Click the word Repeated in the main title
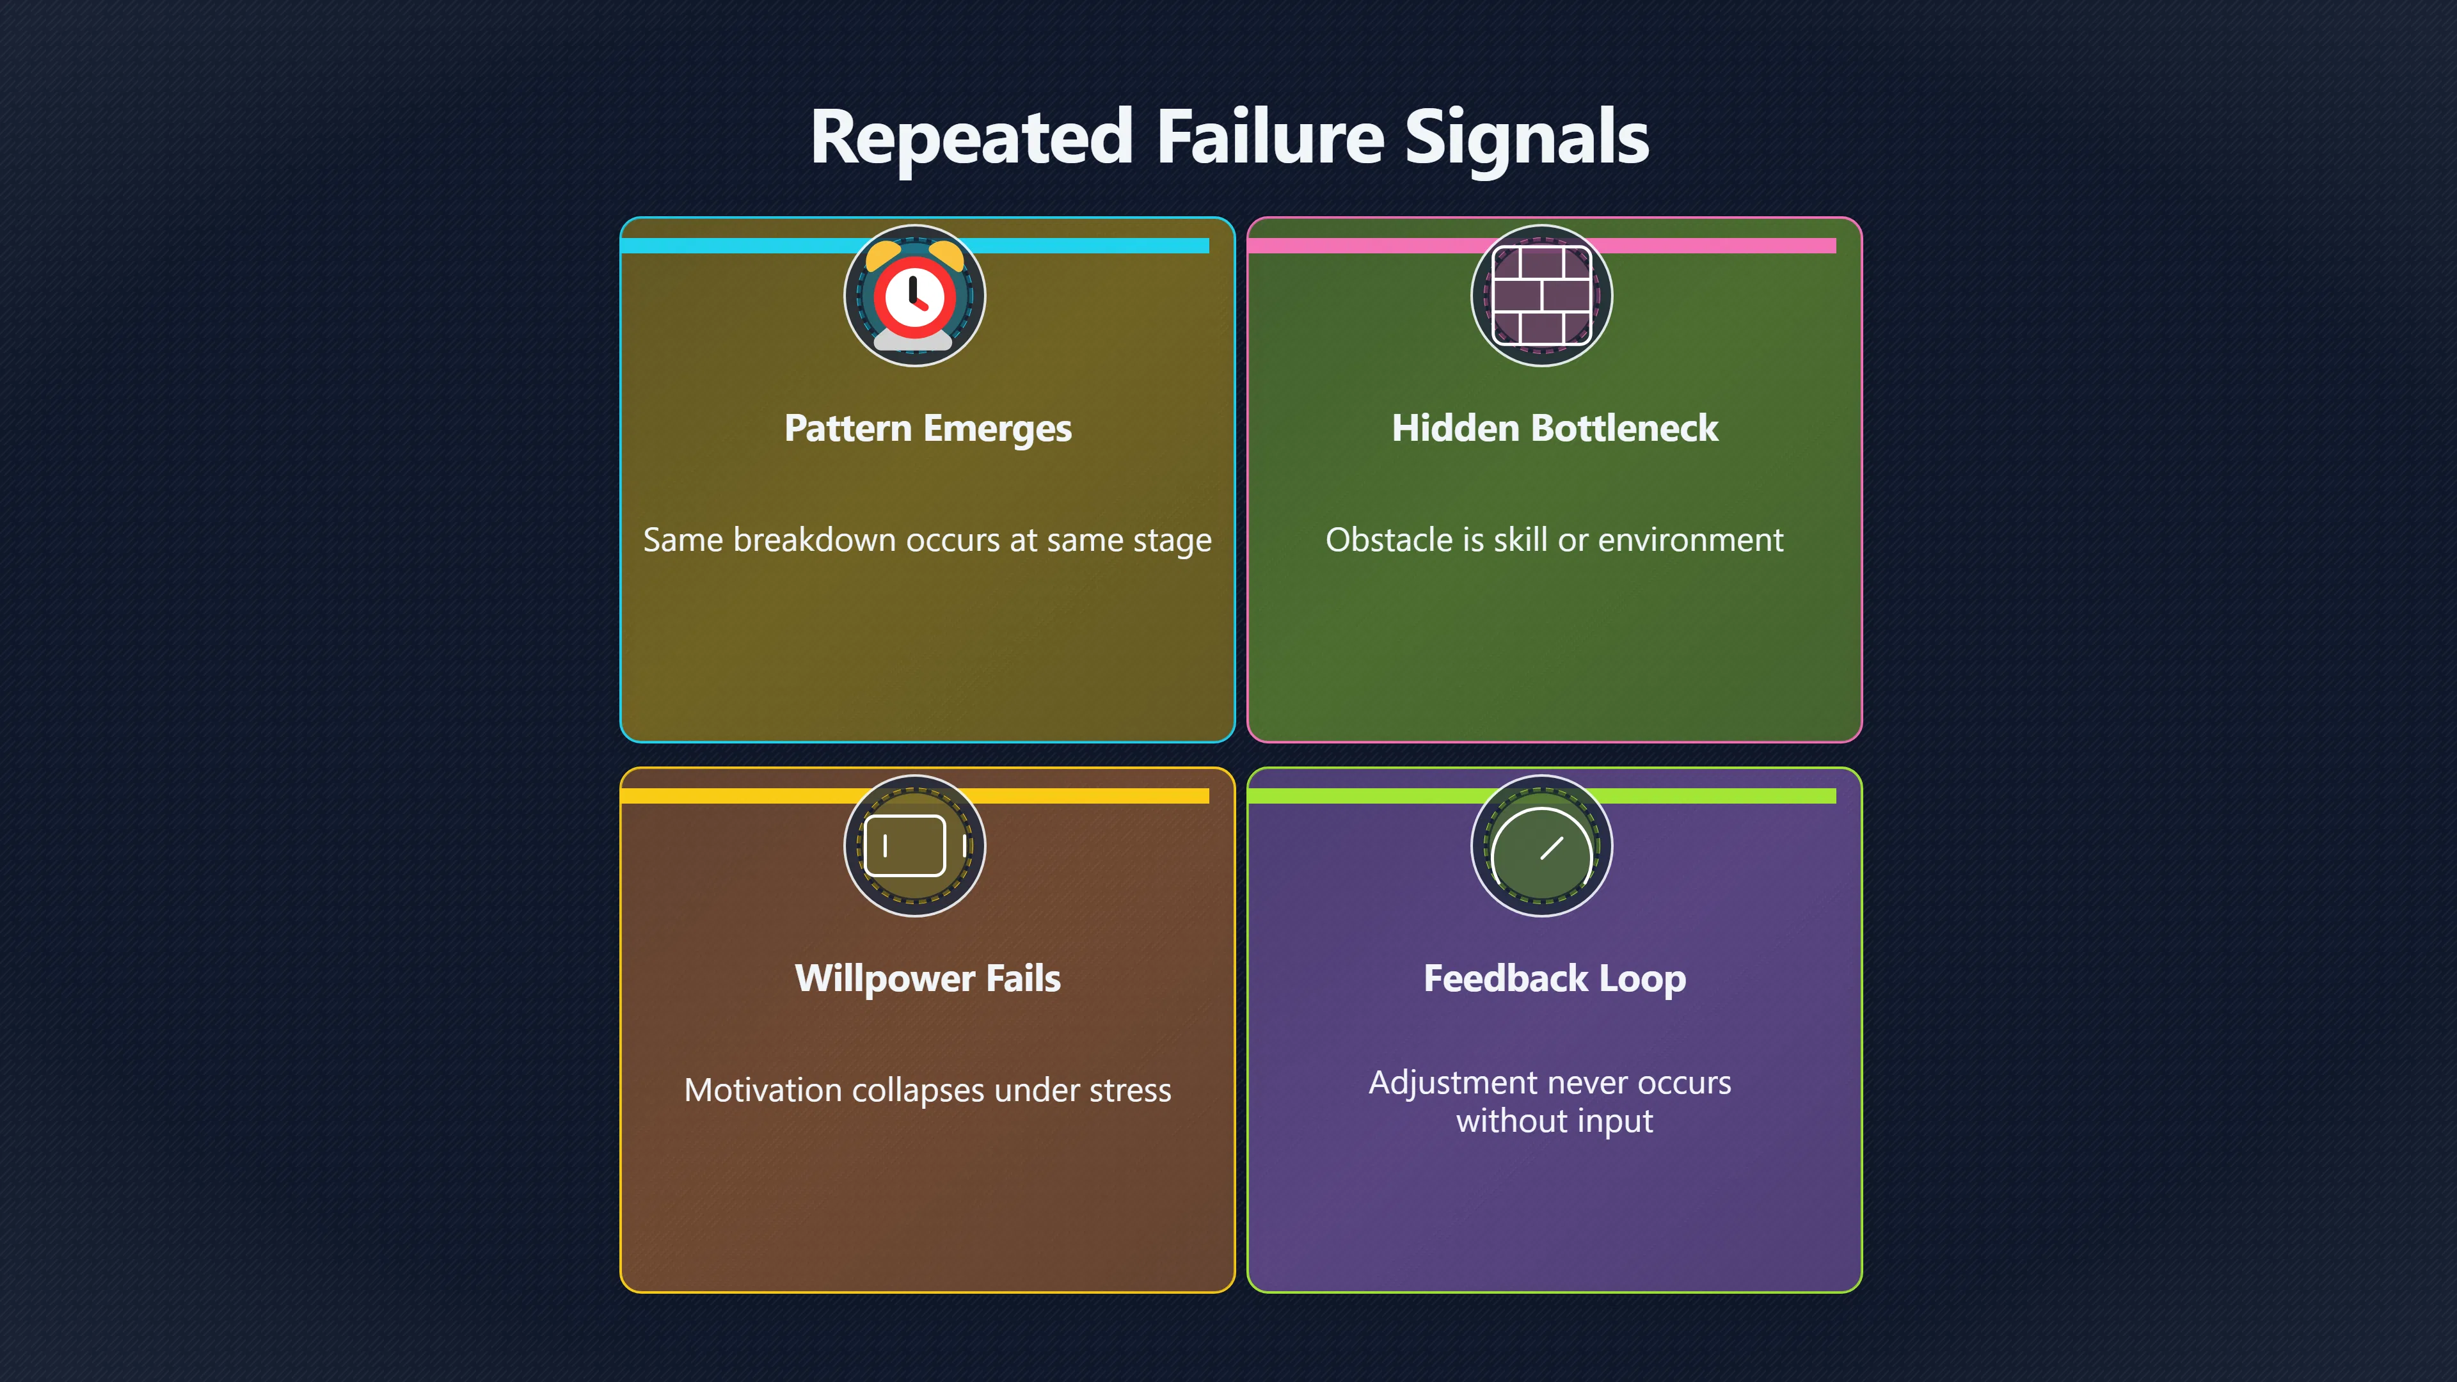coord(971,138)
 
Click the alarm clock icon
coord(914,296)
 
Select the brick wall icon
coord(1541,296)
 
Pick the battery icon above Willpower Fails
coord(913,846)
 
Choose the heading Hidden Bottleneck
coord(1555,428)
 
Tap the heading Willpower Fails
coord(928,978)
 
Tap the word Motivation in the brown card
coord(763,1090)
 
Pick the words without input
coord(1555,1122)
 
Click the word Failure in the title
coord(1269,138)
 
